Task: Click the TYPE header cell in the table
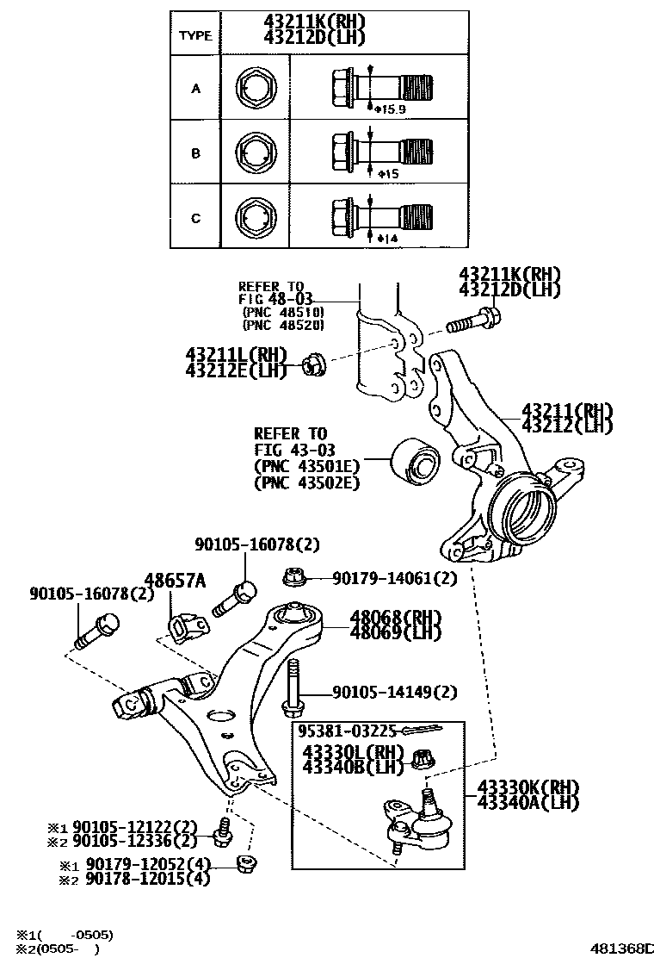point(194,35)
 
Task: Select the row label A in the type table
point(195,89)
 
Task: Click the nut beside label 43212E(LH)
point(313,366)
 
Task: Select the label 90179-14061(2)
point(394,579)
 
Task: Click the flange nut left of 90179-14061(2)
point(291,577)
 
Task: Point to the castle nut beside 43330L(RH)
point(422,759)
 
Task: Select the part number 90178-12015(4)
point(142,878)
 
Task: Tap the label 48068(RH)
point(395,617)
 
